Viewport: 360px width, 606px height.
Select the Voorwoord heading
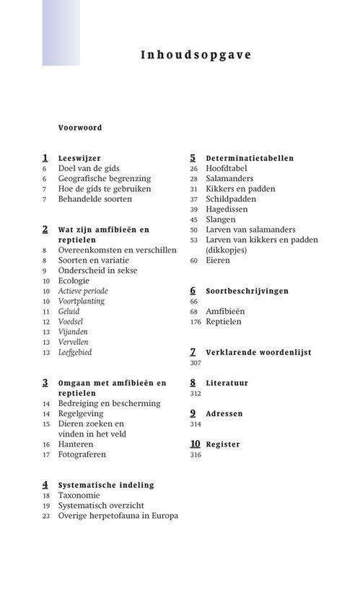point(80,128)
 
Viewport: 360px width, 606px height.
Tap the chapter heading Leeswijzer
point(79,158)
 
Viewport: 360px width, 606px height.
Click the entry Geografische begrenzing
point(105,178)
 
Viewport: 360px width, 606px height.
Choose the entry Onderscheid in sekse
point(97,271)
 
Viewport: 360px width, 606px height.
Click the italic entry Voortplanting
point(82,301)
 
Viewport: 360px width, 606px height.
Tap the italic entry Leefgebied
point(75,352)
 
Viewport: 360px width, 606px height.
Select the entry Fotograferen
point(82,454)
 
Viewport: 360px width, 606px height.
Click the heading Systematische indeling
point(106,486)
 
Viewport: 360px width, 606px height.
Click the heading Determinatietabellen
point(250,158)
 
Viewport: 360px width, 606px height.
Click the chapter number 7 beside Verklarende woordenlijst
point(193,352)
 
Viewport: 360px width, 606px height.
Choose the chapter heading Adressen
point(224,414)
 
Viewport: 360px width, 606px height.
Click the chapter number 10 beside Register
point(195,444)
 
